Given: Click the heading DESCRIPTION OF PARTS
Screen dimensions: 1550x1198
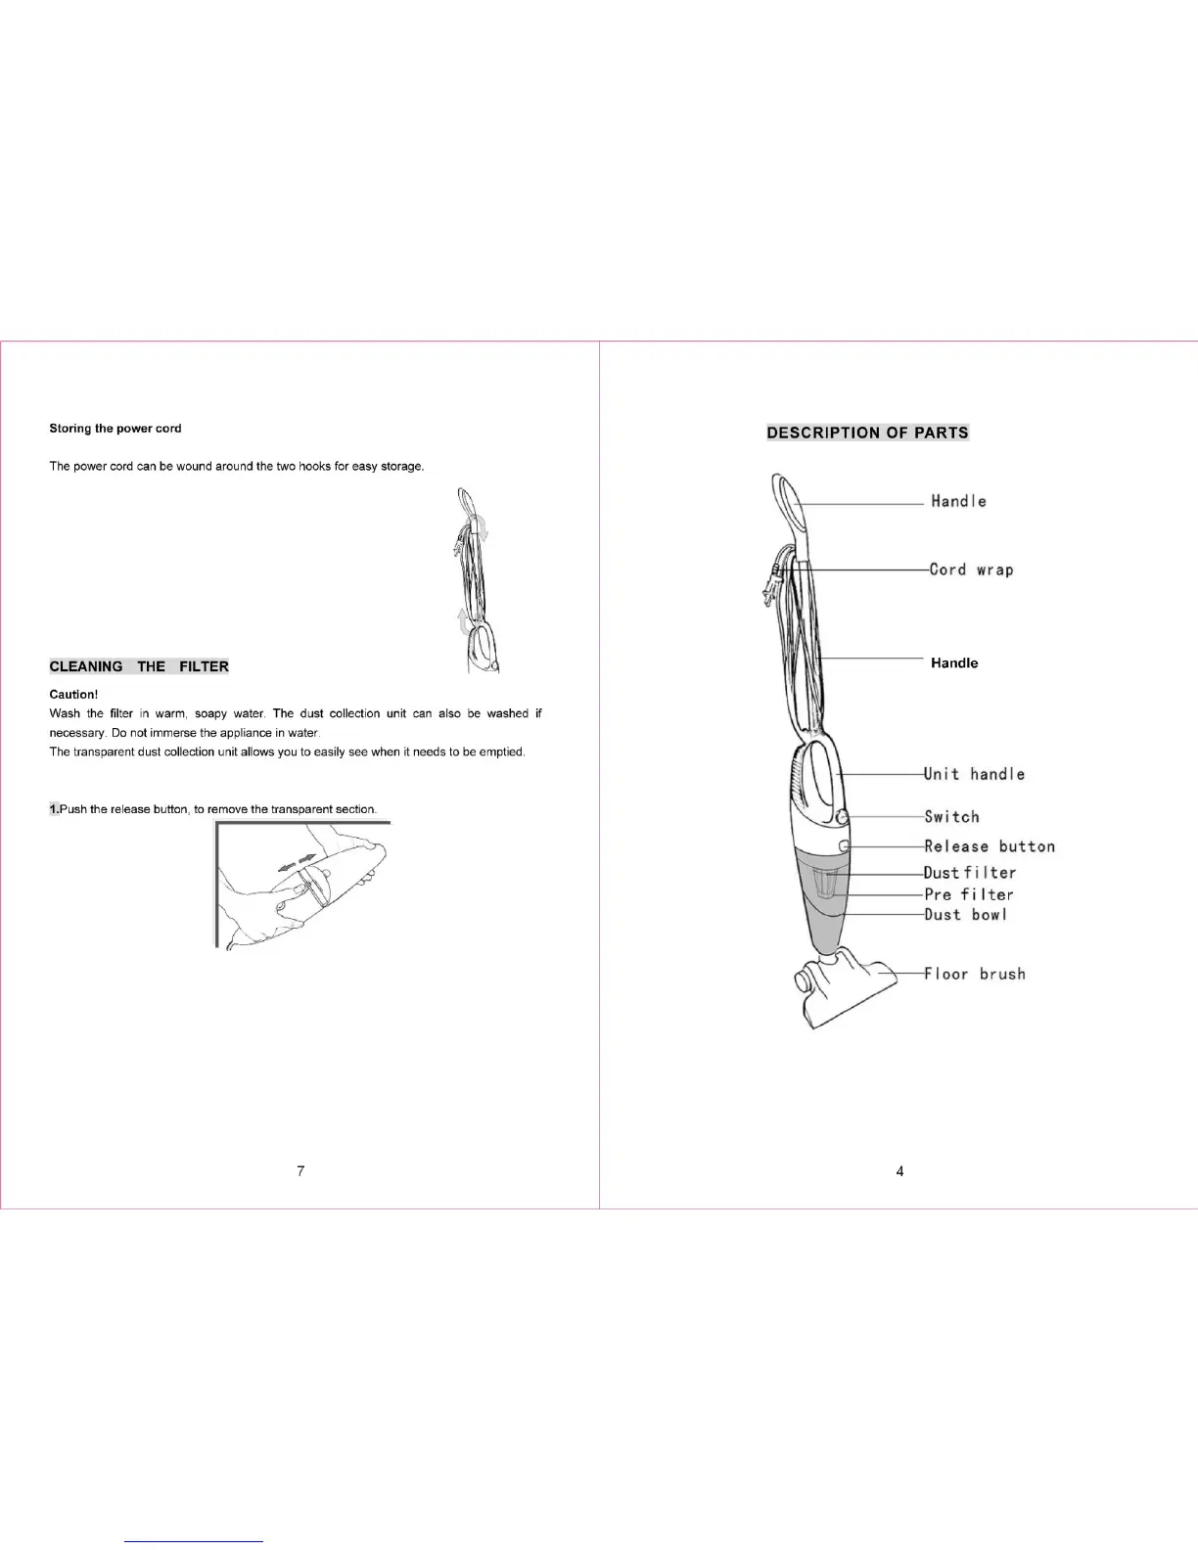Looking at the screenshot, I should (x=867, y=433).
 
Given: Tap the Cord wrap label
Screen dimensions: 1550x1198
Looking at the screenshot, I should (x=971, y=570).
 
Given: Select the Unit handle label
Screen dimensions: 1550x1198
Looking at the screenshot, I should (x=975, y=774).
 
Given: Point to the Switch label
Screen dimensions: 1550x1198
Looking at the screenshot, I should (x=951, y=817).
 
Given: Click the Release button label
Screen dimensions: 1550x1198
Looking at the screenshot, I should (x=990, y=846).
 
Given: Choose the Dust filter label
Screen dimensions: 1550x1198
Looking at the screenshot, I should (x=970, y=873).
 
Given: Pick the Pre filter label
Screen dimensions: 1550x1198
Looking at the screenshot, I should (x=969, y=894).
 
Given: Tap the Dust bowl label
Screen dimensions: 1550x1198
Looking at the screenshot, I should (x=965, y=915).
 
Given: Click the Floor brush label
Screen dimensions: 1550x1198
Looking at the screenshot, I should (x=975, y=974).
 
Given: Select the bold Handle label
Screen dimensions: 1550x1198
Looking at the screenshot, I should (x=954, y=663).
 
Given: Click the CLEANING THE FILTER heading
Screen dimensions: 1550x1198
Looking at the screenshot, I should (x=139, y=666).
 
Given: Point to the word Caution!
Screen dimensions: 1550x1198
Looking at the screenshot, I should (x=73, y=695).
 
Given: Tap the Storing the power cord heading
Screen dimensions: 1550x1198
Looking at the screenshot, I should (x=115, y=429).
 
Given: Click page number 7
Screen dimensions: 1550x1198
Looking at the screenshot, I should (x=300, y=1171).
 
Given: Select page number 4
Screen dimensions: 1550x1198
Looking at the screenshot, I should (x=899, y=1171).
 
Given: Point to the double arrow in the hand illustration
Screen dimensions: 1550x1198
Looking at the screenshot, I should (x=299, y=862).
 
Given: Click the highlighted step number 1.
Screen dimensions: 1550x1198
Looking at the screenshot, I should (x=54, y=809).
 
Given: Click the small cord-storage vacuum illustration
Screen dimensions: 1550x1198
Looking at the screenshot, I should (x=477, y=582).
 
